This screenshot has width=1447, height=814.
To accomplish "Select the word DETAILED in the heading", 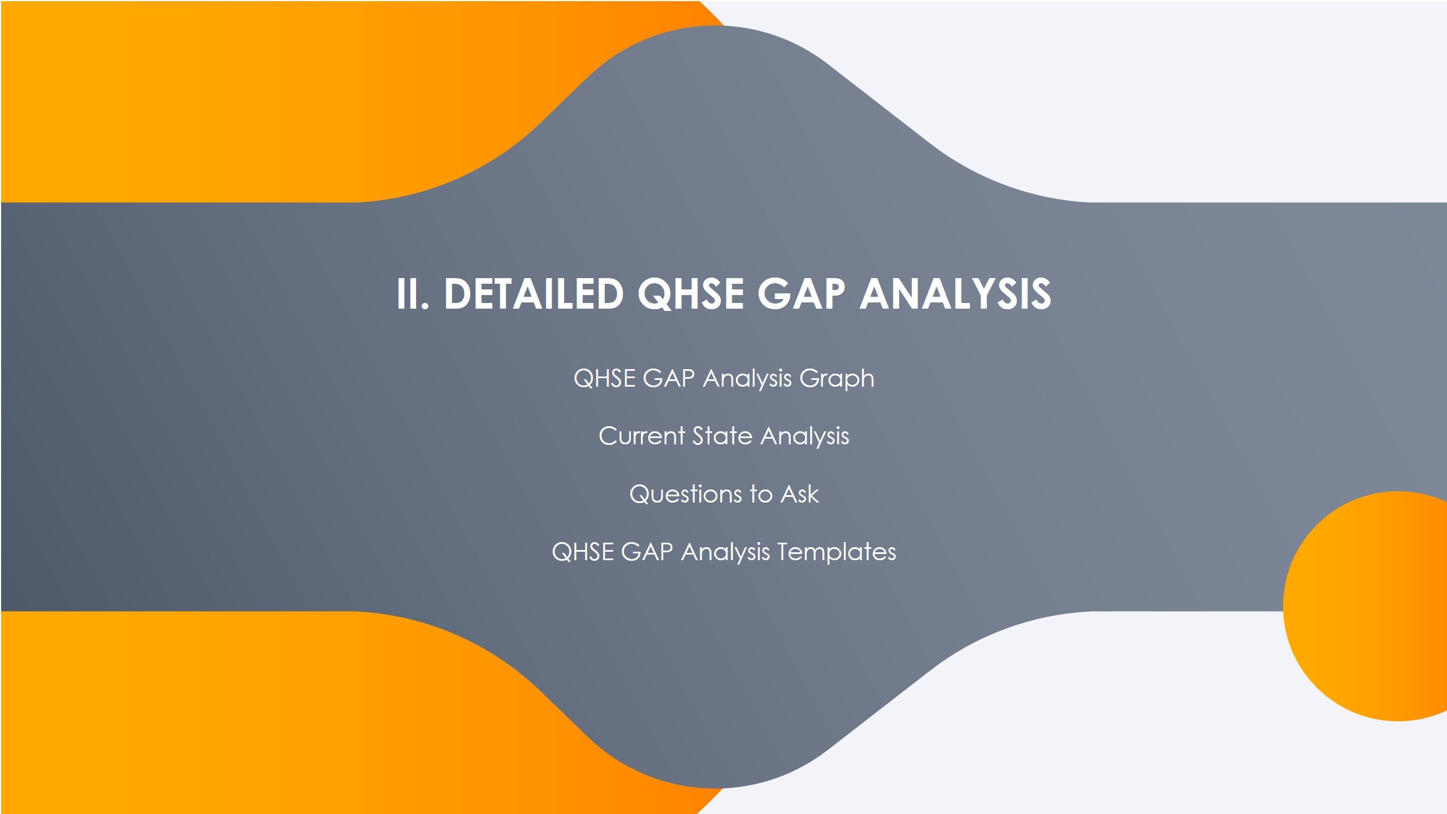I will [x=534, y=294].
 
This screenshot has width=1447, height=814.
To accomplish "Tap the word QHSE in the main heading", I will [x=690, y=294].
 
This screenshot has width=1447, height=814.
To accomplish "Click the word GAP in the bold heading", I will [x=801, y=294].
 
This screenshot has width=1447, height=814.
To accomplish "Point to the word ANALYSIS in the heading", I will [x=955, y=294].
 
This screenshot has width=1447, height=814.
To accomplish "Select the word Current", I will [x=642, y=436].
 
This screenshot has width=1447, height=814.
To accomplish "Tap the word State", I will [x=722, y=436].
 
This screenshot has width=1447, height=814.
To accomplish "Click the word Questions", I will [x=685, y=495].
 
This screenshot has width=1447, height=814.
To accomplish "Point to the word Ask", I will [x=799, y=495].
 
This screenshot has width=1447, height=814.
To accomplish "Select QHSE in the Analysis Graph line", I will [x=604, y=379].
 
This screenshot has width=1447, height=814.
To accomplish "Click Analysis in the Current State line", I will [x=804, y=436].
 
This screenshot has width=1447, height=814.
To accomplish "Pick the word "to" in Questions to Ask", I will [x=761, y=495].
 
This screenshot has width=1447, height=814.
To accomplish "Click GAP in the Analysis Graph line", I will [x=669, y=379].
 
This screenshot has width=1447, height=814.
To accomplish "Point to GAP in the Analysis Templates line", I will [x=647, y=552].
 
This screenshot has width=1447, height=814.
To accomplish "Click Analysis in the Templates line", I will [x=725, y=552].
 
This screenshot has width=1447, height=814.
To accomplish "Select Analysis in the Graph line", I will [x=747, y=379].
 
